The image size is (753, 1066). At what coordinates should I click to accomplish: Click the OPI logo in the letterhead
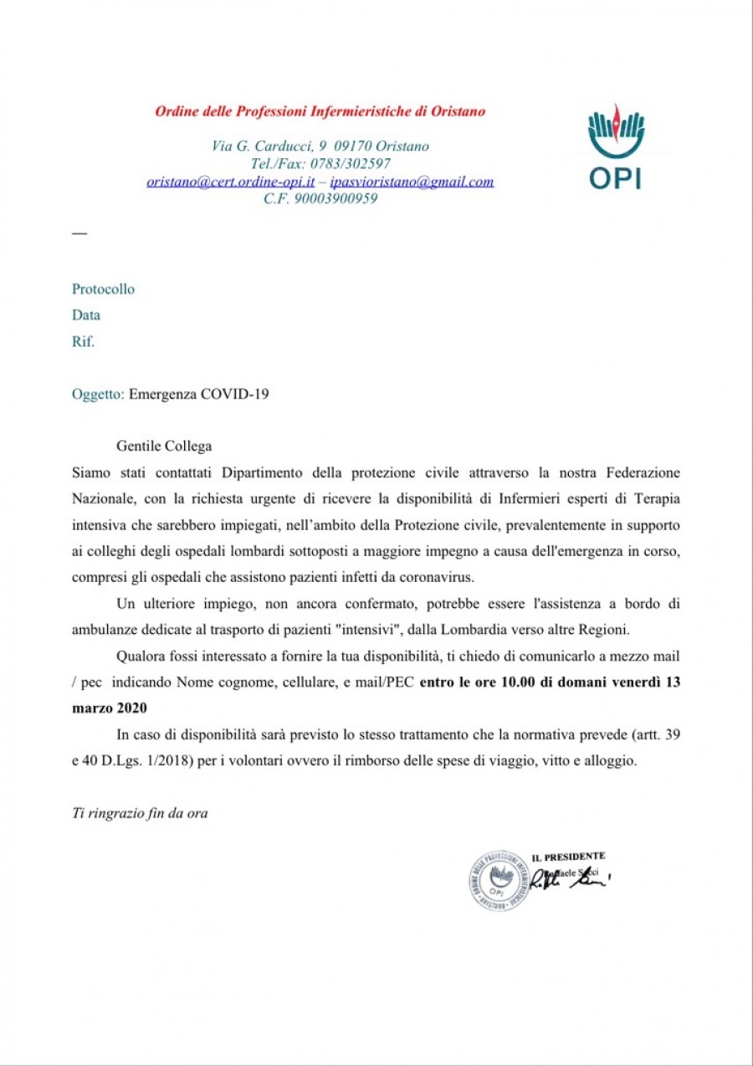click(x=616, y=146)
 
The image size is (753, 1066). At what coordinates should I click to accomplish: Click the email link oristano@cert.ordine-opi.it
click(x=230, y=181)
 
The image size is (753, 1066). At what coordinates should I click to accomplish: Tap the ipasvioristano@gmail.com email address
click(x=412, y=181)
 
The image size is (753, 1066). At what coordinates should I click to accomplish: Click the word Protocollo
click(x=103, y=290)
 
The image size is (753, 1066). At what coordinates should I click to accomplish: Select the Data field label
click(x=86, y=316)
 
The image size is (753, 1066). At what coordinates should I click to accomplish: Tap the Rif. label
click(x=84, y=342)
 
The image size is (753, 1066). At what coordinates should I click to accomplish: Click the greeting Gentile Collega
click(x=164, y=447)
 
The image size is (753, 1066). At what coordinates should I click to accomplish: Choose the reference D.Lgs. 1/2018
click(x=133, y=760)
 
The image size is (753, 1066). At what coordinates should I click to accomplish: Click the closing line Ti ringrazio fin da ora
click(x=140, y=812)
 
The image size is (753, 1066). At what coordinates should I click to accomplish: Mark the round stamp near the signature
click(x=499, y=879)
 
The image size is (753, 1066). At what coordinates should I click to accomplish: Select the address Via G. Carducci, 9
click(x=269, y=146)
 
